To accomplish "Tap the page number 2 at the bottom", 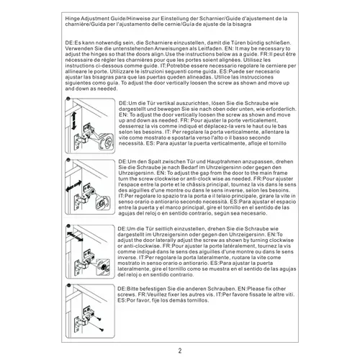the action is (180, 351).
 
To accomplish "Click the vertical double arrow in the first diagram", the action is (73, 121).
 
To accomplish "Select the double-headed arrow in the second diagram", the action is (73, 186).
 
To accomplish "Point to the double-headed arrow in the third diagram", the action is (75, 237).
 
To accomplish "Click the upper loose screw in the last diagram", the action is (99, 319).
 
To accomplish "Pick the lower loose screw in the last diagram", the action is (101, 330).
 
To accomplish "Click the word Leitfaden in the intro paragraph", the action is (207, 48).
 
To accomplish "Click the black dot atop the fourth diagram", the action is (69, 286).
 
